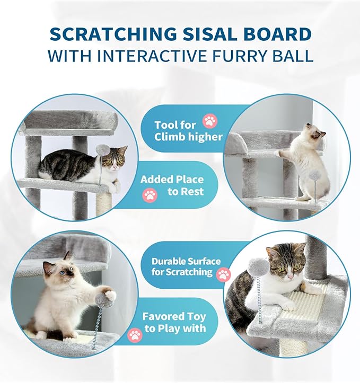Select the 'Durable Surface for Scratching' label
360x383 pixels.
click(x=186, y=267)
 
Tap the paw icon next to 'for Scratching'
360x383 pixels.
click(x=224, y=274)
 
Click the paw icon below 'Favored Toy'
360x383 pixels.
click(x=135, y=335)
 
